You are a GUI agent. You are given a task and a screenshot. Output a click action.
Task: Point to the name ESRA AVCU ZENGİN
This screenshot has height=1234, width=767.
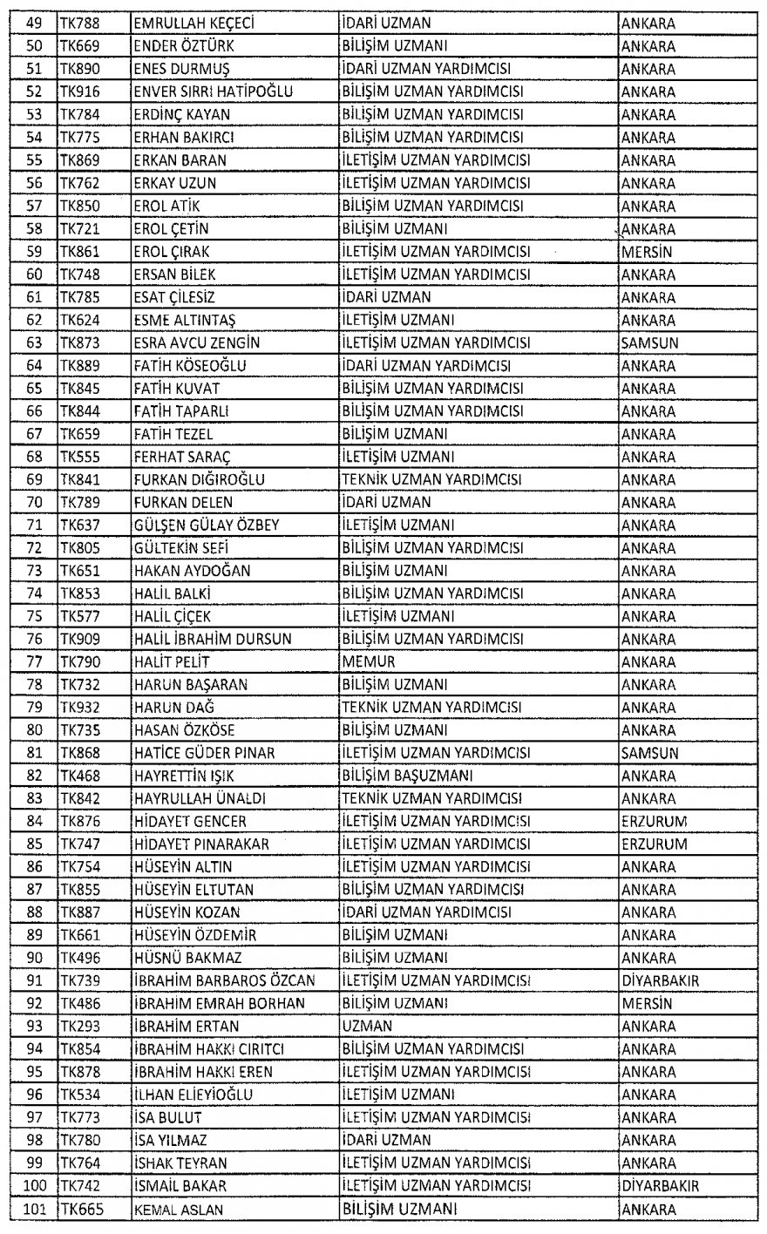[x=196, y=342]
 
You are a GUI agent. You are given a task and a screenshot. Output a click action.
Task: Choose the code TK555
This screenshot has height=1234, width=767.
[x=79, y=457]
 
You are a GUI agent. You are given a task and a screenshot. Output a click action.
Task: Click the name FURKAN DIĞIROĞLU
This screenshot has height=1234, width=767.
[x=199, y=479]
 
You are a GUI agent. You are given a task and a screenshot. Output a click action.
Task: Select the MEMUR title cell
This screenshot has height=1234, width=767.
[x=369, y=661]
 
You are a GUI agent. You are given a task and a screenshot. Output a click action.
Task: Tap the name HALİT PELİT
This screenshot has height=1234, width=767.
[x=171, y=661]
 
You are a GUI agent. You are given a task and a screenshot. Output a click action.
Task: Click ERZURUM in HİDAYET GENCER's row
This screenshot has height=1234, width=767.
[x=655, y=821]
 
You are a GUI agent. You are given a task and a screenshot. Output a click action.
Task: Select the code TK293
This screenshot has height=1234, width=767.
[x=79, y=1026]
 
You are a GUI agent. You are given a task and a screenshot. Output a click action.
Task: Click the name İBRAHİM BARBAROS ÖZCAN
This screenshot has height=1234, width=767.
[x=224, y=980]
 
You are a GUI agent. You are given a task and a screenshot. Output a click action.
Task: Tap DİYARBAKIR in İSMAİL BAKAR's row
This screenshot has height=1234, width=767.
[x=660, y=1185]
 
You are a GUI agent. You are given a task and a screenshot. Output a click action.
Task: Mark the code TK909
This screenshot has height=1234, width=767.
[x=79, y=639]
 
